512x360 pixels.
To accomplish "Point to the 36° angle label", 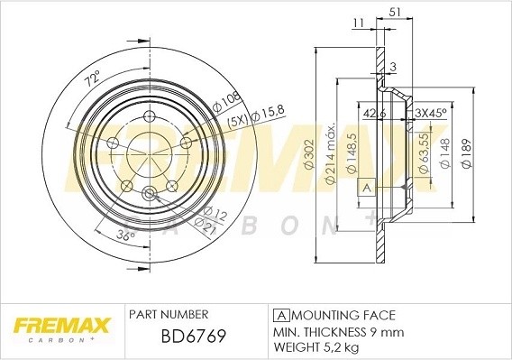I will pos(125,236).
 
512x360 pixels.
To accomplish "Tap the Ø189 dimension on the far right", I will pos(465,154).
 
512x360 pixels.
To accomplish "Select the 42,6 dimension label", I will pos(372,114).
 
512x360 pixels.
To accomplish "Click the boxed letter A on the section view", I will pos(366,188).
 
